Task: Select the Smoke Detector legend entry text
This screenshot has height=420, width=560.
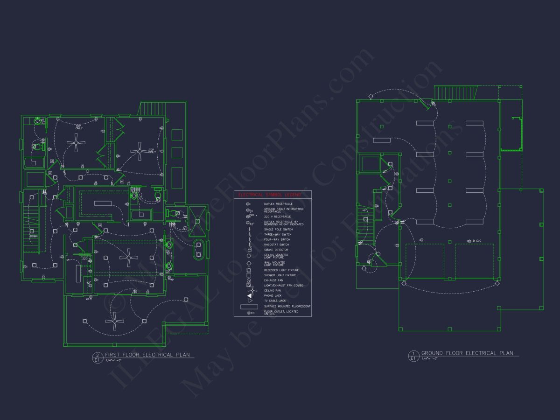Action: tap(276, 250)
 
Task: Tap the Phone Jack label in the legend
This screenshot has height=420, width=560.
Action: tap(273, 295)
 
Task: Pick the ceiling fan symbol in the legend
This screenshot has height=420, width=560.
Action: tap(249, 290)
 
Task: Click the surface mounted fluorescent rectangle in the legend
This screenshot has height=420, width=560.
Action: tap(249, 307)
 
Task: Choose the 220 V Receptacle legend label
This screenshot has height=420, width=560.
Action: tap(277, 217)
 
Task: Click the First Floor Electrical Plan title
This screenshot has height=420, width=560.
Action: tap(147, 355)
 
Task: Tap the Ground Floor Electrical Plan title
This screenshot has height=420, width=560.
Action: tap(467, 353)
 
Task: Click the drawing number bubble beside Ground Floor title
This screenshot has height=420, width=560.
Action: tap(412, 356)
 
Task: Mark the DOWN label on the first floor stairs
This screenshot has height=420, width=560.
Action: tap(34, 236)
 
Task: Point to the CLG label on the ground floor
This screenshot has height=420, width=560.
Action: tap(478, 241)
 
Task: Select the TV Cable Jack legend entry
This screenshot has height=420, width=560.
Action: tap(275, 301)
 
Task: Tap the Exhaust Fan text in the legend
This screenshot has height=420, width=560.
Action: tap(273, 280)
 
